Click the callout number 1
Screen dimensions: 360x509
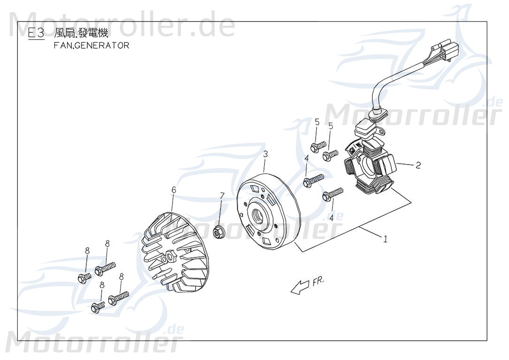click(x=385, y=239)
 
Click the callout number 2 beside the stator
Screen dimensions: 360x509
click(x=418, y=165)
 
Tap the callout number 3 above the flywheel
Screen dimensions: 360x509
click(x=265, y=154)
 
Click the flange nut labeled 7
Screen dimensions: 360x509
click(x=219, y=231)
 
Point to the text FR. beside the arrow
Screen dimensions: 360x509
click(x=317, y=281)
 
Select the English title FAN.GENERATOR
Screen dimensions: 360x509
click(x=91, y=46)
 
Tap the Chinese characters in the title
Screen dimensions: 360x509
click(x=81, y=33)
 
